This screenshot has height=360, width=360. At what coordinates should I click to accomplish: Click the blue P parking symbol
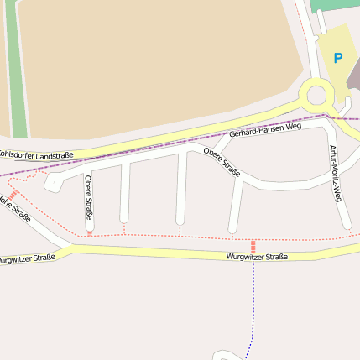click(x=337, y=58)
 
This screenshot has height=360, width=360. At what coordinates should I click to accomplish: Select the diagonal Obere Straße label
click(x=222, y=160)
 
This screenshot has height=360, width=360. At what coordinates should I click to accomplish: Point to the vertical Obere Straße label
click(x=88, y=202)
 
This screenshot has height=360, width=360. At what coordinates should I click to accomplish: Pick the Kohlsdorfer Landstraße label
click(x=37, y=154)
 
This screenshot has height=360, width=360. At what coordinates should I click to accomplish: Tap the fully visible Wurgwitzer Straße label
click(x=257, y=256)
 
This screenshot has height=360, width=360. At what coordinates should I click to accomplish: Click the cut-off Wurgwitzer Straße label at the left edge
click(x=28, y=258)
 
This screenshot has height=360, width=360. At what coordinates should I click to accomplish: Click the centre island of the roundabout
click(x=317, y=94)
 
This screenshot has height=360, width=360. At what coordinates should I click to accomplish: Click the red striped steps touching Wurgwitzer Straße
click(x=253, y=246)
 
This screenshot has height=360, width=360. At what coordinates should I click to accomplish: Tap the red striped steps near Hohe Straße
click(x=13, y=194)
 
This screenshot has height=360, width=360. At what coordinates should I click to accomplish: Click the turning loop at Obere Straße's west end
click(x=52, y=182)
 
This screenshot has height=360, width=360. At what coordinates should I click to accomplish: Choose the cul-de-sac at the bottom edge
click(x=226, y=356)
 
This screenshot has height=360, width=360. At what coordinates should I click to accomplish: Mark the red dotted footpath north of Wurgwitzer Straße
click(x=151, y=234)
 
